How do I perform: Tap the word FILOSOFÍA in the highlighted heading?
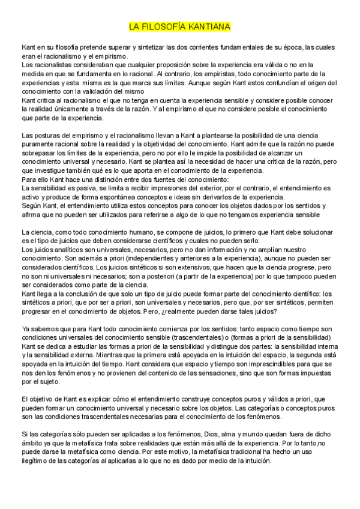162,27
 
